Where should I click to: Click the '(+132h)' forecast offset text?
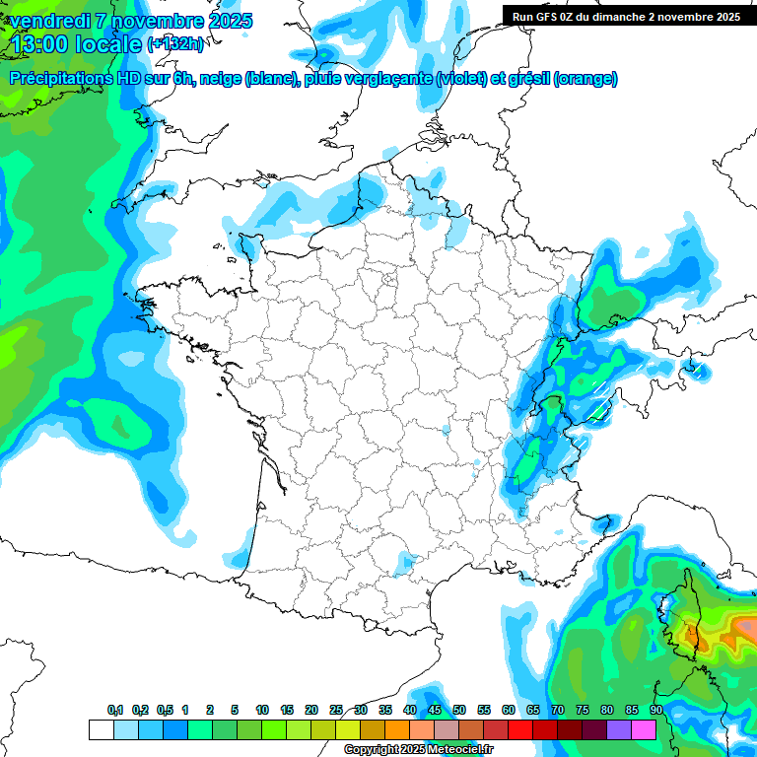tap(174, 44)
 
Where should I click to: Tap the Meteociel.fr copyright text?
tap(418, 750)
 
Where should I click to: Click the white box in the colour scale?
tap(101, 730)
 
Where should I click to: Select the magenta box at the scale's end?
tap(644, 730)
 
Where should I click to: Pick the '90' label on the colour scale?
tap(656, 710)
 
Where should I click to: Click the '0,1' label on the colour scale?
tap(115, 710)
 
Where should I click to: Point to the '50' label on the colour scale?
tap(459, 710)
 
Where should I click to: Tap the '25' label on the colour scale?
tap(336, 710)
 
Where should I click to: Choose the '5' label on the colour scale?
tap(235, 710)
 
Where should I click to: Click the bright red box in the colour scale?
tap(520, 730)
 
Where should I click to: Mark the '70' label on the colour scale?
tap(558, 710)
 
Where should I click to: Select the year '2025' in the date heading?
tap(225, 21)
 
